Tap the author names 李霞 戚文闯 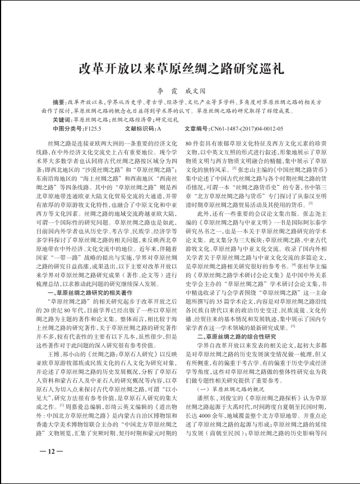[x=179, y=89]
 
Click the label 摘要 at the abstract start [x=59, y=103]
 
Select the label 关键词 [x=61, y=120]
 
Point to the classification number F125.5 [x=93, y=129]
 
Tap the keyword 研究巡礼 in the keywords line [x=168, y=120]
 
